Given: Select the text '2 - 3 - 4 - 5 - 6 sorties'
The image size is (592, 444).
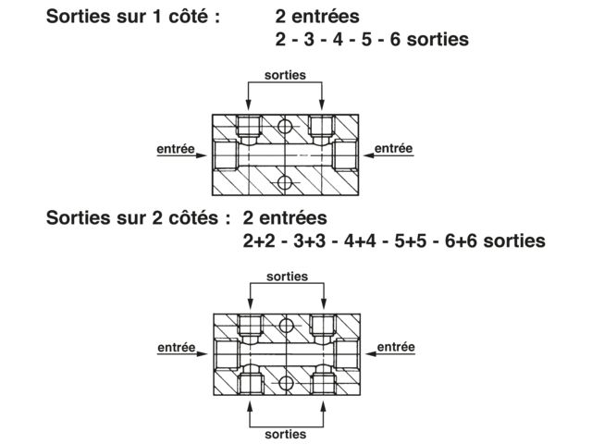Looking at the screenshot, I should coord(372,40).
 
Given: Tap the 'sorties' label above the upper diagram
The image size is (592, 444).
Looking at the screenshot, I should coord(285,75).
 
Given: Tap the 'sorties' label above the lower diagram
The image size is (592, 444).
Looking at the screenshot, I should coord(287,277).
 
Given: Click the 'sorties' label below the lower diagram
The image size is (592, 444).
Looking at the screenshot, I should coord(287,432).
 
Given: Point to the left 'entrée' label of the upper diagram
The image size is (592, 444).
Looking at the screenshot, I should coord(174,147).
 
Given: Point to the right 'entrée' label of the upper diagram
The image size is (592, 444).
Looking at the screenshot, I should coord(393,147).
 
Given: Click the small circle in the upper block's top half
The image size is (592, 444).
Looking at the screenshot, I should coord(284,127).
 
